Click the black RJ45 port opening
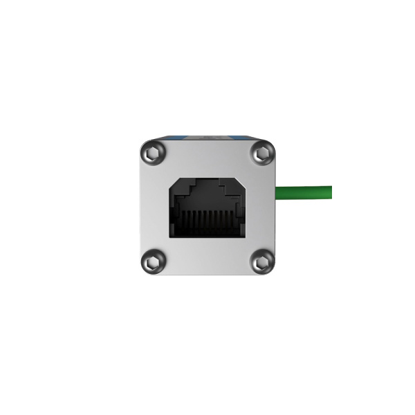207,207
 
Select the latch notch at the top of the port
207,183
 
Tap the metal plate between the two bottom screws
207,259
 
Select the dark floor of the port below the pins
207,234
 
